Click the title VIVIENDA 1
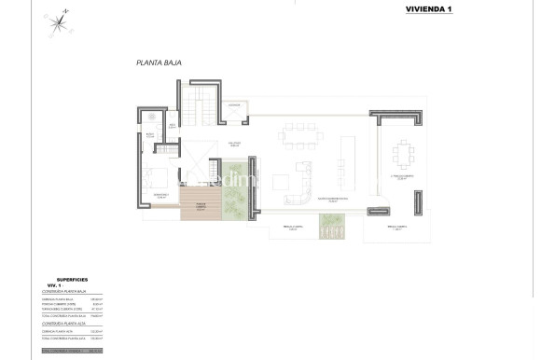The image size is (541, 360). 428,9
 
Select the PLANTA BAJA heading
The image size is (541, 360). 158,63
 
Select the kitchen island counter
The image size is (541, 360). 350,155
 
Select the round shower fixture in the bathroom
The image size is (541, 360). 150,117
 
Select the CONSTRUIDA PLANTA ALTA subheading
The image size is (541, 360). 67,325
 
